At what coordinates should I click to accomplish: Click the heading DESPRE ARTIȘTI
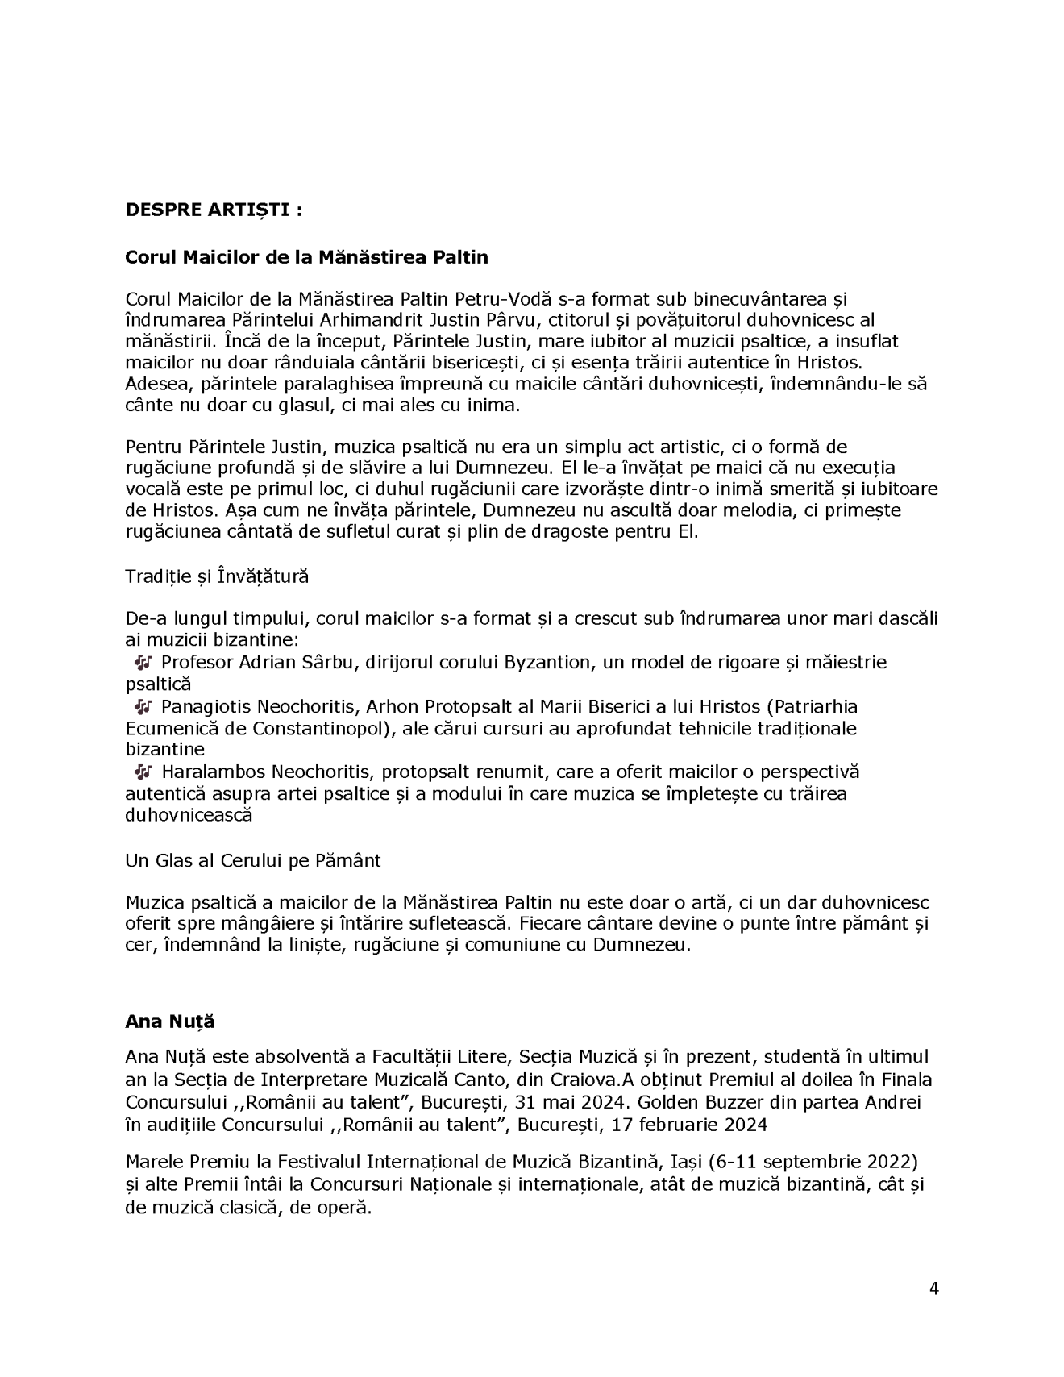click(x=214, y=210)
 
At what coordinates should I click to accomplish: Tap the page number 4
click(x=933, y=1288)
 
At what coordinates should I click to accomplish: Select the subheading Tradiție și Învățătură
click(x=217, y=576)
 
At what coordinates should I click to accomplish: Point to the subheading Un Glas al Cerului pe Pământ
click(x=252, y=860)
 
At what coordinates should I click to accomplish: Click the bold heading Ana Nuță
click(x=170, y=1021)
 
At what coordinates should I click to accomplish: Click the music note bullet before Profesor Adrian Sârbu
click(x=143, y=662)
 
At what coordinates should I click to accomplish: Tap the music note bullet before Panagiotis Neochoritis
click(x=143, y=706)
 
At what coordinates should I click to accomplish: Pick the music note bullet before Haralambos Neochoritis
click(x=143, y=772)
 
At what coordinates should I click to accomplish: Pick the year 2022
click(x=893, y=1163)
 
